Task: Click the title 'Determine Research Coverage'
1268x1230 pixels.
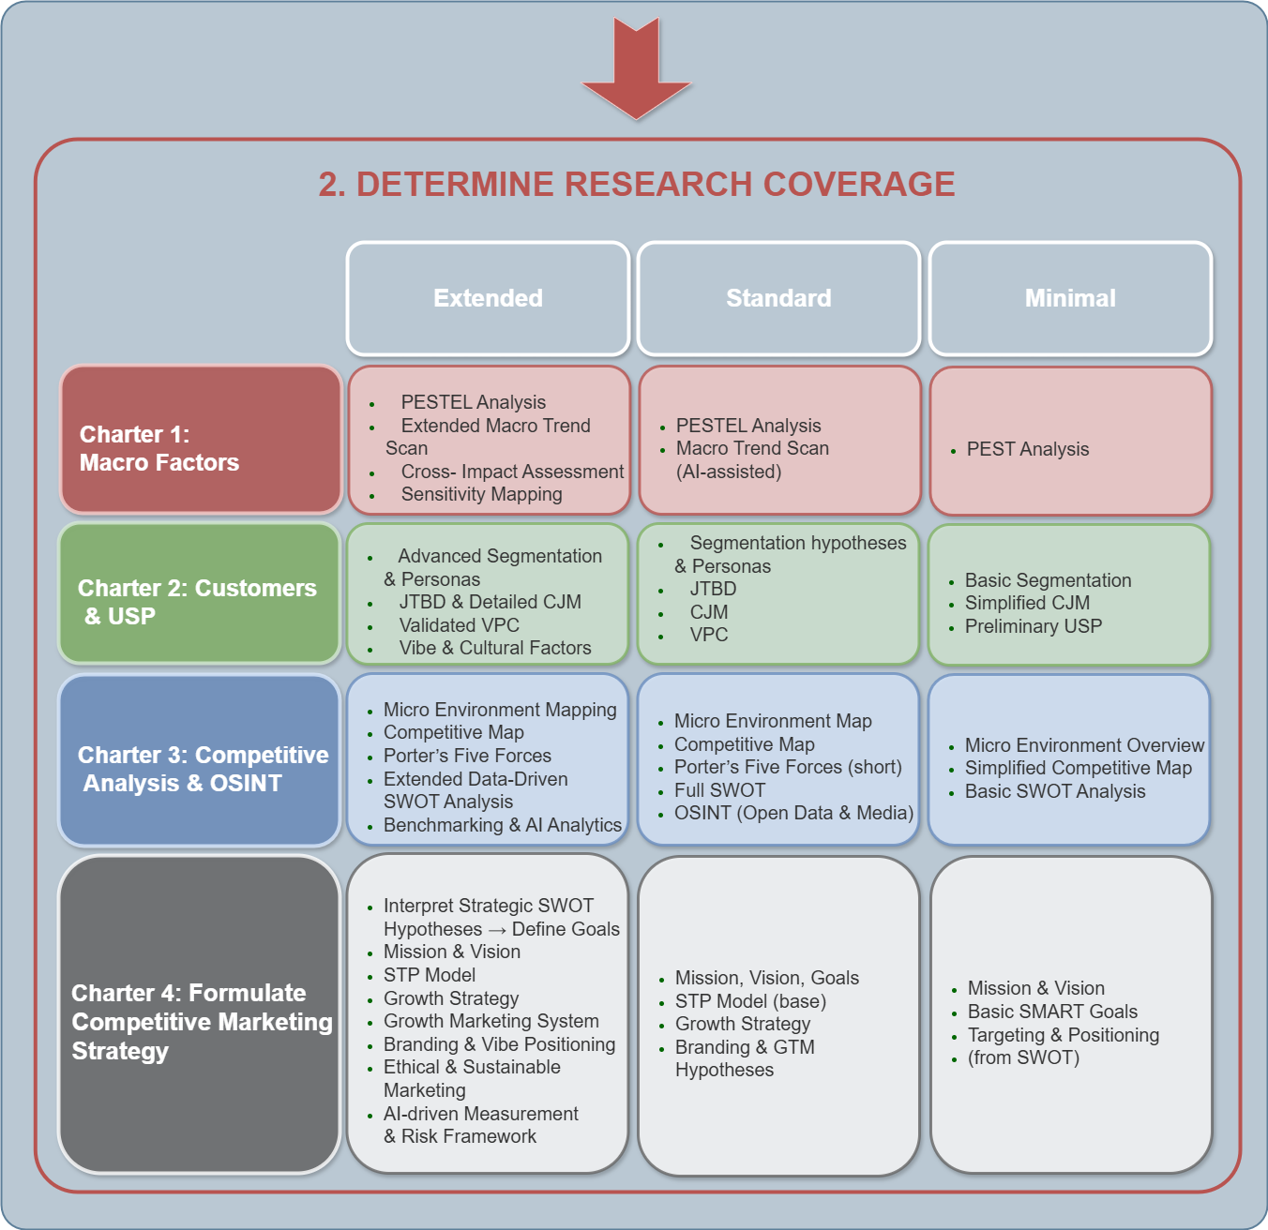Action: click(637, 184)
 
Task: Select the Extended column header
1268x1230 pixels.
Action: click(488, 298)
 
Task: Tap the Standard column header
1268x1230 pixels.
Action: click(778, 298)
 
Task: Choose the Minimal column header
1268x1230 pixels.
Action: click(1070, 298)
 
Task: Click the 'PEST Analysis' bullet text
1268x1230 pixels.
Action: click(1027, 449)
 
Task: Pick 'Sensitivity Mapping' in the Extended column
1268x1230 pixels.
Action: click(481, 494)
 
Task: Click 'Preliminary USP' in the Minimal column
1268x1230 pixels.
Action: click(1033, 626)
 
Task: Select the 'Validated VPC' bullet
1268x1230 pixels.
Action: click(459, 625)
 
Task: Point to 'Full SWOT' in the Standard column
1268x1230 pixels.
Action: click(719, 790)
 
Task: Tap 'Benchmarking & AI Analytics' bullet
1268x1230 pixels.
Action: click(502, 825)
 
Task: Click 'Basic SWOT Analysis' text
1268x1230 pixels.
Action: click(1055, 791)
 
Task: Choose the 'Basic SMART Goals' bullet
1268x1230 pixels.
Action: click(1052, 1012)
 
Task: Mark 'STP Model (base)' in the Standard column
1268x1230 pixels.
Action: click(750, 1001)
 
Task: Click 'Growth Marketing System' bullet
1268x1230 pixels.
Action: click(491, 1021)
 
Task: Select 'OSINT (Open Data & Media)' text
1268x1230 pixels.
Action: click(793, 813)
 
